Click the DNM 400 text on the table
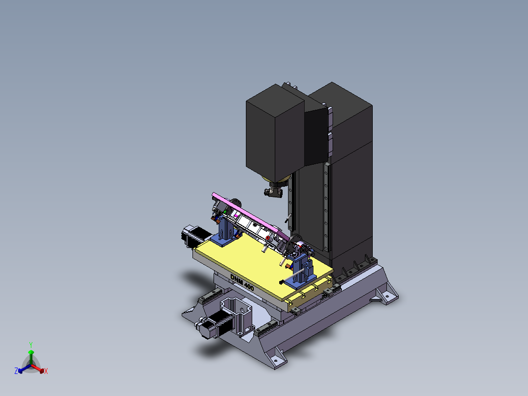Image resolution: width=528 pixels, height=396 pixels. tap(242, 282)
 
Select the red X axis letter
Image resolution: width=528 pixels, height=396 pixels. tap(46, 371)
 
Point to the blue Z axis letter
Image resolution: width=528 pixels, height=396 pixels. tap(16, 371)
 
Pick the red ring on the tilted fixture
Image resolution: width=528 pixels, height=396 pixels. tap(267, 238)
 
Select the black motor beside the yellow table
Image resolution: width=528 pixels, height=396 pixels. tap(194, 236)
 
